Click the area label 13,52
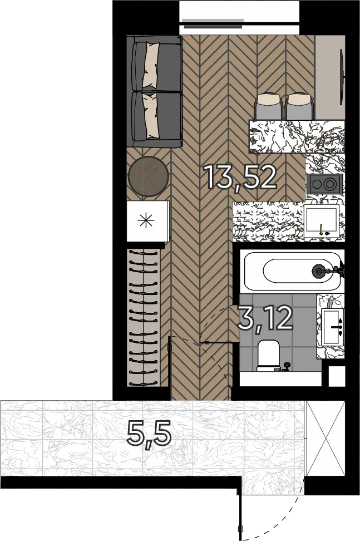pyautogui.click(x=241, y=177)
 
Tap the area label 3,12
pyautogui.click(x=265, y=318)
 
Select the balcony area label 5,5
pyautogui.click(x=149, y=434)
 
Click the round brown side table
pyautogui.click(x=148, y=176)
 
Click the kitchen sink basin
pyautogui.click(x=322, y=222)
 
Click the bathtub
pyautogui.click(x=293, y=271)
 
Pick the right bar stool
pyautogui.click(x=299, y=106)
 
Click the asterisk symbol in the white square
pyautogui.click(x=146, y=221)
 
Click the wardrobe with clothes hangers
pyautogui.click(x=144, y=317)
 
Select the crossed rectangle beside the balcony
pyautogui.click(x=326, y=439)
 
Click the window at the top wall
pyautogui.click(x=239, y=17)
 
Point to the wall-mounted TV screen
pyautogui.click(x=342, y=76)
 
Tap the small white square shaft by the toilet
pyautogui.click(x=337, y=376)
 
